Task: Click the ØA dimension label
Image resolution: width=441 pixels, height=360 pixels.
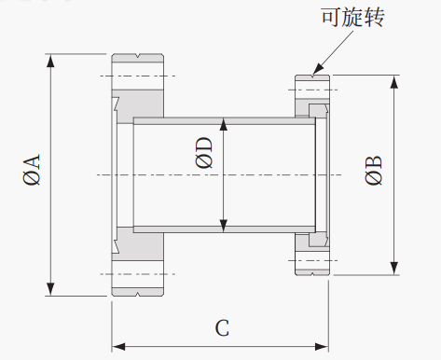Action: pos(32,170)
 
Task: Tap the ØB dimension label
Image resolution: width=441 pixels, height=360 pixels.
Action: pos(373,170)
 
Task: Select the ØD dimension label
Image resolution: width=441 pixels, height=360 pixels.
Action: pos(204,153)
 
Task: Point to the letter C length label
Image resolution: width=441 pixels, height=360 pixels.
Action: pos(222,327)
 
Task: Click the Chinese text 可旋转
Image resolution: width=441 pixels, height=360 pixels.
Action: pos(352,16)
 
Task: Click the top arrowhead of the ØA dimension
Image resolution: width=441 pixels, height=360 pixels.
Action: pos(50,61)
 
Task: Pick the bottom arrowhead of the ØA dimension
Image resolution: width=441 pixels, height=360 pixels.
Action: pos(50,289)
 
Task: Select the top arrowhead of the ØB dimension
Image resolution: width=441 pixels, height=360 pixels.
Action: pos(394,82)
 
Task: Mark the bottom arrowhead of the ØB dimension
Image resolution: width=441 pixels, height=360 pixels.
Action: pos(394,268)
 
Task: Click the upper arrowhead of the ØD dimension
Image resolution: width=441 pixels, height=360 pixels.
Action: pos(224,124)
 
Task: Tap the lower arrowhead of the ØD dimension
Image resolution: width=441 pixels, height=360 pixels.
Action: pos(224,226)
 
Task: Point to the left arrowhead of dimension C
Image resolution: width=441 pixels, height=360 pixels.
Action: pos(118,347)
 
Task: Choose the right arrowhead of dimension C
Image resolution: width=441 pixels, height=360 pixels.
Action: pos(322,347)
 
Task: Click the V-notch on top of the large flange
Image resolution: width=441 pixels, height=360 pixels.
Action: pos(138,56)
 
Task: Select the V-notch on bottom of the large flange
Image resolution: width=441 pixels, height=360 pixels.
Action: pos(138,294)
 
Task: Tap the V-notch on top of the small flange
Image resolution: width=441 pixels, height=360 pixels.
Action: pos(312,76)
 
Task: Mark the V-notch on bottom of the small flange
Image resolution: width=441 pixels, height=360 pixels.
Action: pos(312,273)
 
